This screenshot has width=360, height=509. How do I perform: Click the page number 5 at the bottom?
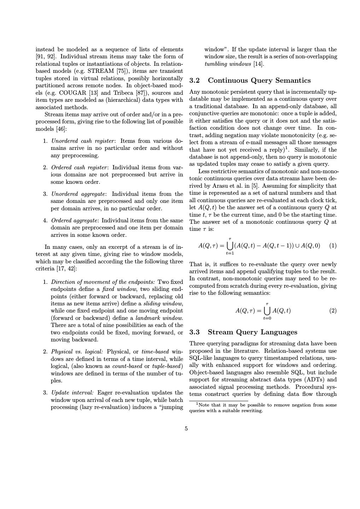pos(186,429)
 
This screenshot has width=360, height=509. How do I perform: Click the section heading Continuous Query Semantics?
pos(259,81)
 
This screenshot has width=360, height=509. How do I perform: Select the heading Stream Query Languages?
pos(252,332)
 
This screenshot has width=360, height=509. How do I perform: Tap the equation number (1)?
pos(333,246)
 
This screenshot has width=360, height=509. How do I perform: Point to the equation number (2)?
pos(333,311)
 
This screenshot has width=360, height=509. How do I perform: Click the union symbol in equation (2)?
pos(267,311)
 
